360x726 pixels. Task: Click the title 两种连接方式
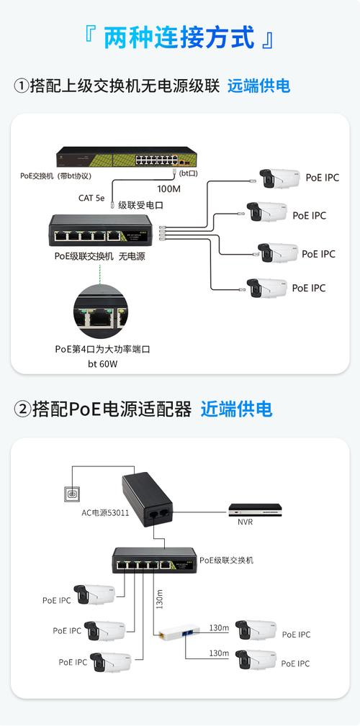point(179,37)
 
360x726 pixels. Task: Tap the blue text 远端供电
point(258,86)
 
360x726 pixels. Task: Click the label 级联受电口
point(140,205)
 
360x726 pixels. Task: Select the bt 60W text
point(102,364)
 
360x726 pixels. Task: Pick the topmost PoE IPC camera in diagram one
point(279,178)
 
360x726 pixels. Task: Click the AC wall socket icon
point(72,494)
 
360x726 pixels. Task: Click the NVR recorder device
point(257,509)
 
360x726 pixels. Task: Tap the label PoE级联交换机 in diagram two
point(226,560)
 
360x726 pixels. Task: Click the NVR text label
point(246,523)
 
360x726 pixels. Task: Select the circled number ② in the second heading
point(22,410)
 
